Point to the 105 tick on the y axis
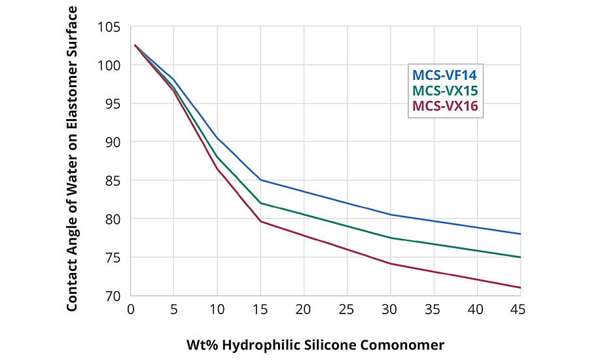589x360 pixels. [x=111, y=27]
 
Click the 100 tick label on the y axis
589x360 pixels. [x=111, y=65]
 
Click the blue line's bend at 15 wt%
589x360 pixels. [x=260, y=179]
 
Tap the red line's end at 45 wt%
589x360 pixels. [x=520, y=287]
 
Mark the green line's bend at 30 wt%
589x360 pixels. [x=391, y=238]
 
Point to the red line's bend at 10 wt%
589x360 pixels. [x=217, y=169]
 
